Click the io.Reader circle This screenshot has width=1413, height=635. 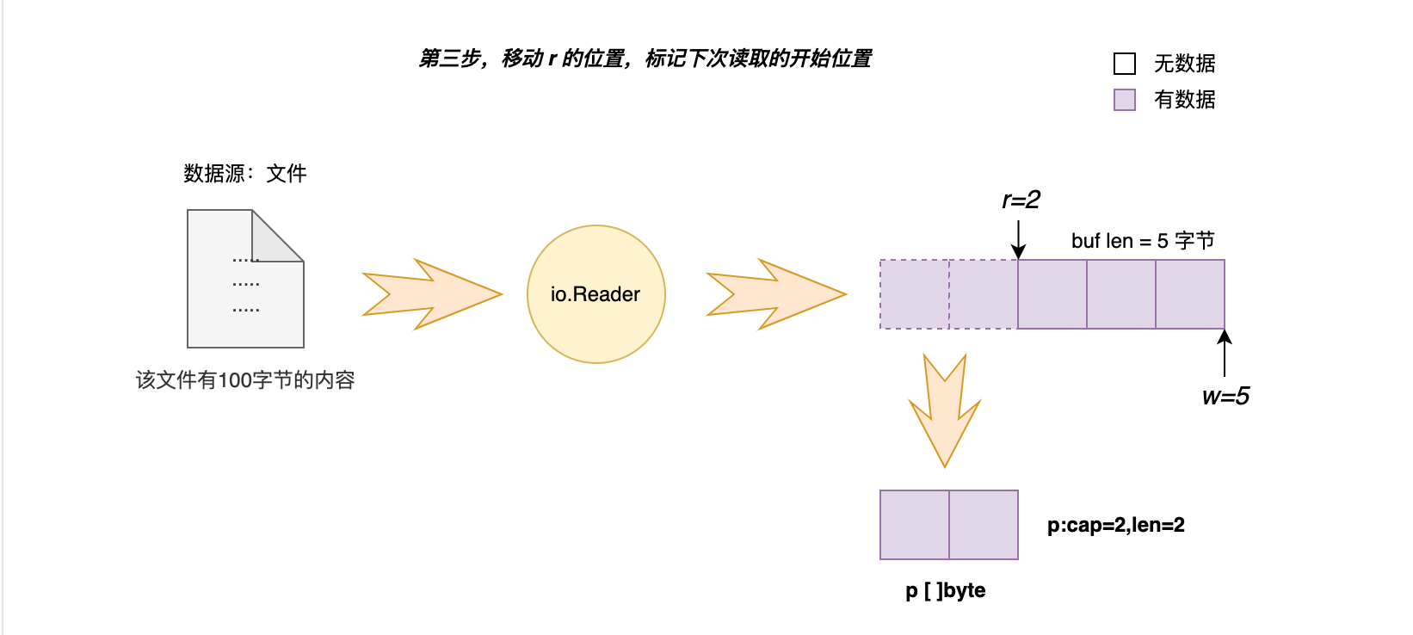coord(595,294)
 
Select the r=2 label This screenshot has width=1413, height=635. coord(1021,200)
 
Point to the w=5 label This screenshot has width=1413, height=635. coord(1225,397)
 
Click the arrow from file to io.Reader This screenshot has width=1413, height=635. coord(430,294)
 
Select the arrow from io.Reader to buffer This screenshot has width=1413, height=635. coord(774,294)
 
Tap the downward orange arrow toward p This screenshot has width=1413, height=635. coord(945,409)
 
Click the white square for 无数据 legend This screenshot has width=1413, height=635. coord(1124,64)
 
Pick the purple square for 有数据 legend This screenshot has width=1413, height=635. coord(1124,100)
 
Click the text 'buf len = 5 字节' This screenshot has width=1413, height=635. coord(1142,241)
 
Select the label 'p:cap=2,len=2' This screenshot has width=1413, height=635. coord(1115,525)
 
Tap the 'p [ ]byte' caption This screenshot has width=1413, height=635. coord(945,591)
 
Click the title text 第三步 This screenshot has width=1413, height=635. coord(645,59)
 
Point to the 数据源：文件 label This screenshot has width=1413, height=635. coord(244,174)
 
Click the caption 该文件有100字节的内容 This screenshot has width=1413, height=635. coord(245,380)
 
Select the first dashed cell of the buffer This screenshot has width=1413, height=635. coord(914,294)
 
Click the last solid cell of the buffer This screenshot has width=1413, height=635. coord(1189,294)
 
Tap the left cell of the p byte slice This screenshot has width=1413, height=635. coord(914,525)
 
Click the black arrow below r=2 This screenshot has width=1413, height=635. coord(1018,239)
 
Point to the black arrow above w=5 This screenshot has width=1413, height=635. coord(1225,353)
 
